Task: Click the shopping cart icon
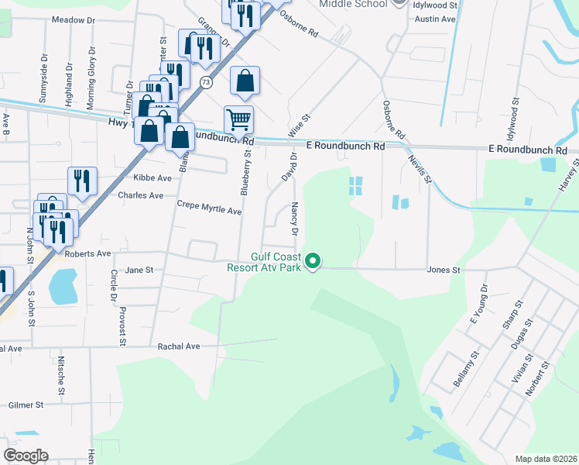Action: tap(238, 119)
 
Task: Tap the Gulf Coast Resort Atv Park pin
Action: tap(313, 261)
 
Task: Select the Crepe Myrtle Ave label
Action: tap(209, 211)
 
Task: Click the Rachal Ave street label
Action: tap(179, 346)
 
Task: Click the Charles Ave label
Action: tap(140, 195)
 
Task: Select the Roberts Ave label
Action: tap(88, 253)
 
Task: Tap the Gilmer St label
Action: tap(26, 405)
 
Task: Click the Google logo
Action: tap(26, 456)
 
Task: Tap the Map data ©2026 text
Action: tap(546, 459)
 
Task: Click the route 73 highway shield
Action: tap(205, 81)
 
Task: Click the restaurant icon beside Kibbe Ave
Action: tap(82, 181)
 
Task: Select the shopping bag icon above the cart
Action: tap(245, 81)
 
